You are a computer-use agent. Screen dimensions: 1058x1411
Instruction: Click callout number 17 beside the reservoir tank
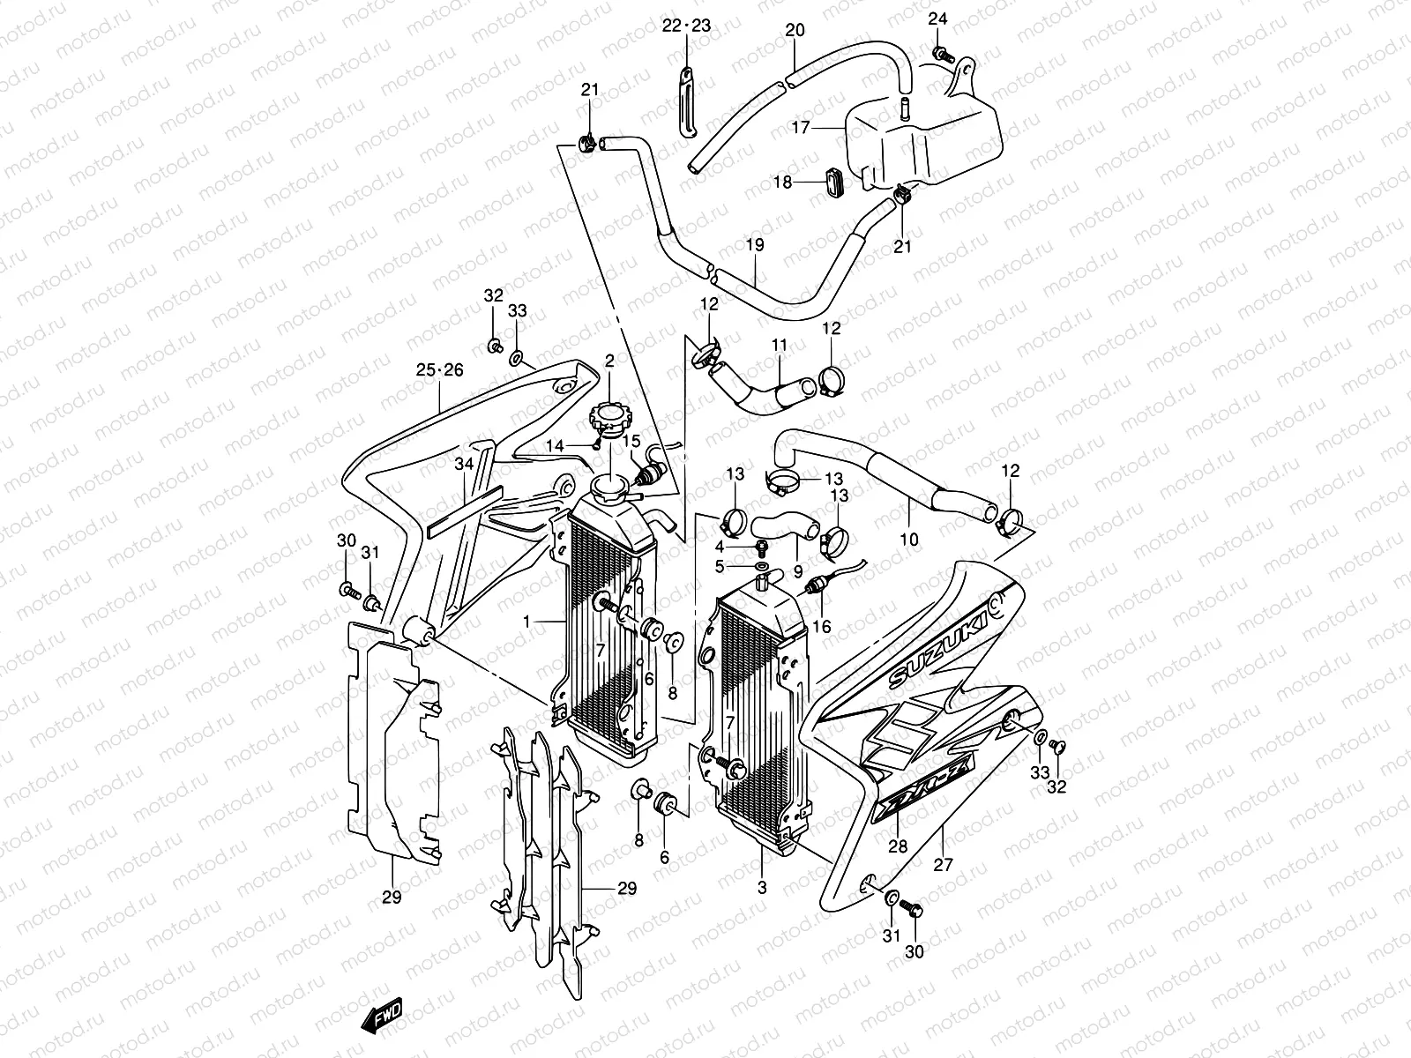(800, 128)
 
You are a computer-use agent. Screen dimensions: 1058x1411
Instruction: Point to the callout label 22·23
(686, 26)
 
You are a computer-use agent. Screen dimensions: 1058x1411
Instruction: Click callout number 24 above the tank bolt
(937, 19)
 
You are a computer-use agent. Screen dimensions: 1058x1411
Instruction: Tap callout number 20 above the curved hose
(795, 30)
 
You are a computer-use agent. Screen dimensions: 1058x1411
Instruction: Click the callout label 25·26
(439, 370)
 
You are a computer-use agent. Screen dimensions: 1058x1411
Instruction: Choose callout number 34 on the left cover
(464, 464)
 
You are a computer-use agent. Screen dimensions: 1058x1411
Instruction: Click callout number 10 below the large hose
(908, 539)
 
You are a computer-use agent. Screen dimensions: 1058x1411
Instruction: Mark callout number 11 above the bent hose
(779, 346)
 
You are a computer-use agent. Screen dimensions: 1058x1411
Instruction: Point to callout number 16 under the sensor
(822, 627)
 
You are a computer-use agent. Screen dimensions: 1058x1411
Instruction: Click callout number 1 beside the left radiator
(526, 622)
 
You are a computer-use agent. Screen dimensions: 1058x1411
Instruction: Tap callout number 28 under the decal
(897, 846)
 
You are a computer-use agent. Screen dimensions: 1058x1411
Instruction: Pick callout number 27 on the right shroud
(943, 865)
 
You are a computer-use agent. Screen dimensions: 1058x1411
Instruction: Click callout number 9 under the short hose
(797, 570)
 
